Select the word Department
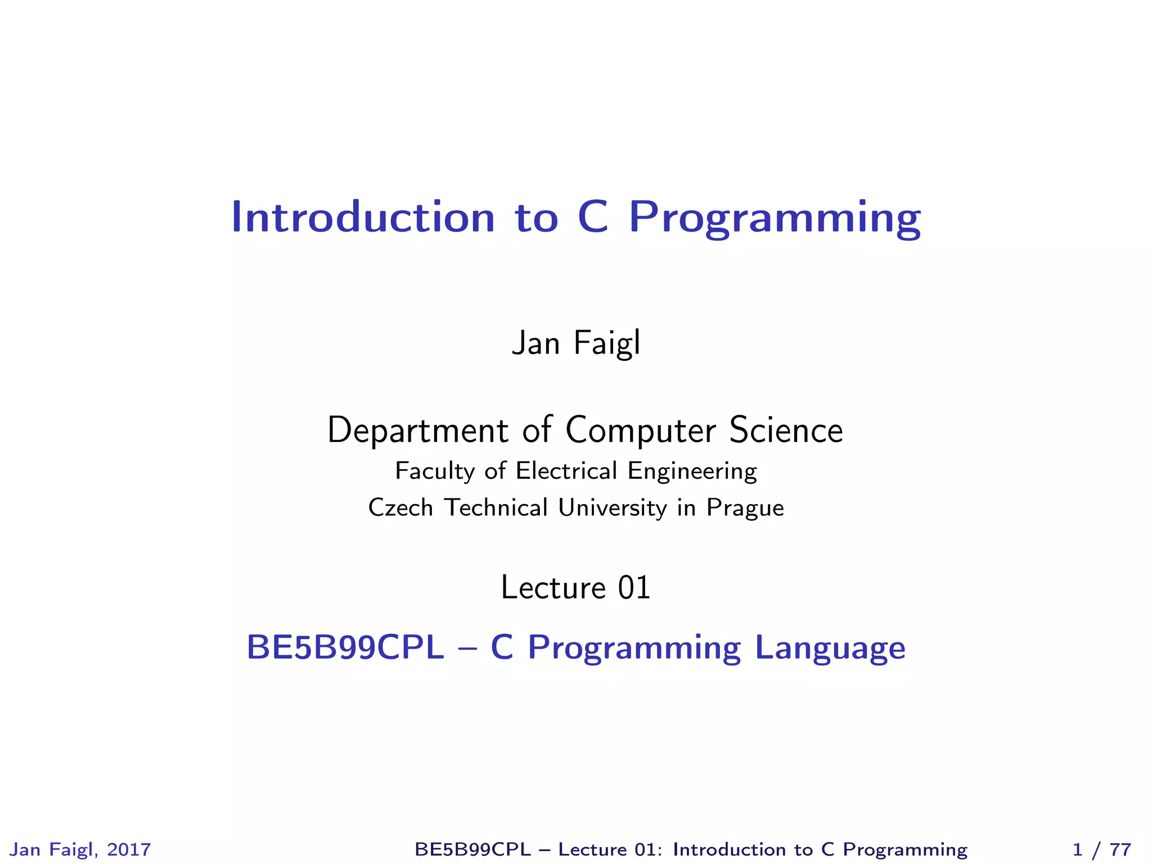418,431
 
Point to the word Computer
641,431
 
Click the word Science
786,430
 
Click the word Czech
400,507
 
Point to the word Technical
496,507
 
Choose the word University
612,508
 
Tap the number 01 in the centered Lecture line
634,588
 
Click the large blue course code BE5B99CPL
345,647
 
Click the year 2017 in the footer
129,849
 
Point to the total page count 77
1120,849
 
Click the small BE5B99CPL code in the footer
472,849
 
